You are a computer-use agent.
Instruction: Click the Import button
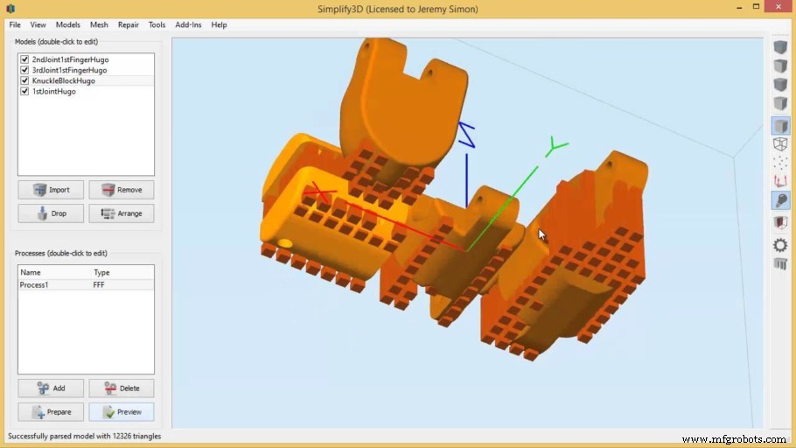tap(51, 190)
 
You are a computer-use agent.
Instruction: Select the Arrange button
tap(121, 213)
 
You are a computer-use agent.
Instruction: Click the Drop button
tap(51, 213)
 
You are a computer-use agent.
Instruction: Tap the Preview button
tap(121, 412)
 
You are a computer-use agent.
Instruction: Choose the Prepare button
tap(51, 412)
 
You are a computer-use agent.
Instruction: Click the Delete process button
tap(121, 388)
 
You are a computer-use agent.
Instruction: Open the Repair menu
tap(129, 24)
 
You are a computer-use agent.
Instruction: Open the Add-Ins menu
tap(188, 24)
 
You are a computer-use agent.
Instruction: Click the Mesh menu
tap(99, 24)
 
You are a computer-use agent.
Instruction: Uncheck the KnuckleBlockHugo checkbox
tap(24, 80)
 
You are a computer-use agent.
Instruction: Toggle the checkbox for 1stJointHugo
tap(24, 91)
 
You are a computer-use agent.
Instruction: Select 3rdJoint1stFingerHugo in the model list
tap(69, 70)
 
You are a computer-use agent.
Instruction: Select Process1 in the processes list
tap(36, 285)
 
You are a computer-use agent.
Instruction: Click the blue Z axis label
tap(467, 134)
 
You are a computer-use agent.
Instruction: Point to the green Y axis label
tap(555, 145)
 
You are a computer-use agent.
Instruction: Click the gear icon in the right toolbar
tap(780, 245)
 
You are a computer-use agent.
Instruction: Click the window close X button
tap(777, 8)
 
